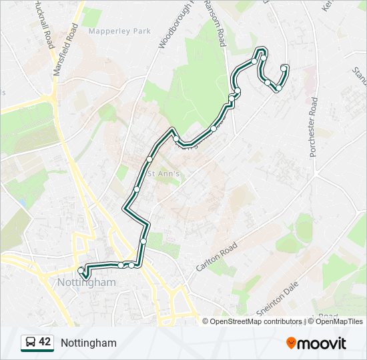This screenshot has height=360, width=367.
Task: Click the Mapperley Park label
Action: (x=119, y=31)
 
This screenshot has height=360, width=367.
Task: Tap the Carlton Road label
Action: (x=217, y=257)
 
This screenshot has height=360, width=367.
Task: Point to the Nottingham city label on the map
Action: (x=87, y=283)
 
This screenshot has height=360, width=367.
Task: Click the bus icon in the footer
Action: (x=30, y=343)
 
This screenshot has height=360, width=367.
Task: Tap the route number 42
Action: (x=45, y=343)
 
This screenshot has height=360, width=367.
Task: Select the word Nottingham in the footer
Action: (x=89, y=343)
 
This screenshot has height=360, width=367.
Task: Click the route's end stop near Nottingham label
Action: (x=81, y=270)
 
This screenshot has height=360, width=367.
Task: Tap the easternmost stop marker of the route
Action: (x=285, y=67)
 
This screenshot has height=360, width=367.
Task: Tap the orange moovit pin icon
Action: (x=292, y=343)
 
